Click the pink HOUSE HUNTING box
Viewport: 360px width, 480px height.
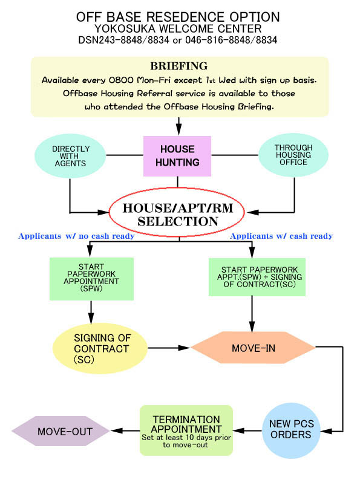click(x=177, y=155)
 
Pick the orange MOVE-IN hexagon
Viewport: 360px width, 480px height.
click(x=254, y=348)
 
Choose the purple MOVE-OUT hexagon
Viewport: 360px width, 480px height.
click(x=61, y=431)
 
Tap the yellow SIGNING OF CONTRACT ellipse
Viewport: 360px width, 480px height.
click(x=100, y=348)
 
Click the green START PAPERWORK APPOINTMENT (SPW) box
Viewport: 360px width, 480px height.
click(x=91, y=278)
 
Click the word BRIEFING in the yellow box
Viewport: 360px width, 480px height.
click(x=178, y=66)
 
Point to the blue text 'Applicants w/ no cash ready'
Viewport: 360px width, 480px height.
click(x=76, y=236)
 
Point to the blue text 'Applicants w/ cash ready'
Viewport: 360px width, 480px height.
click(x=281, y=236)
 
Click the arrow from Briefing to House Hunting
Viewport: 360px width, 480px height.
click(x=179, y=126)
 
